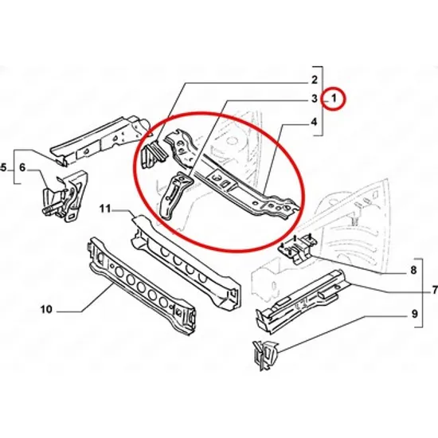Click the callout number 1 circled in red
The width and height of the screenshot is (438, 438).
pos(334,98)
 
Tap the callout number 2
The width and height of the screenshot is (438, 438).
pos(315,80)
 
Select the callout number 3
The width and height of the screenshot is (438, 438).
pos(315,98)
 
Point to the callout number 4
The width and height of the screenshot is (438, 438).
pos(315,122)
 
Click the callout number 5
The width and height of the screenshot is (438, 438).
pos(3,168)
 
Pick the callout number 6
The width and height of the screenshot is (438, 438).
pos(22,167)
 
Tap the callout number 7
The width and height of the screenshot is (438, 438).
pos(434,290)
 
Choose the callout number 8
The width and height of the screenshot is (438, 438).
pos(413,270)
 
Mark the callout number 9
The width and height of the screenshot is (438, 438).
pos(415,314)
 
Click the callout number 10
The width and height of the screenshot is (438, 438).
pos(46,310)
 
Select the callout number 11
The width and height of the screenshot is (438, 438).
pos(105,209)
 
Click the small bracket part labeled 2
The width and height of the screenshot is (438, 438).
pos(153,154)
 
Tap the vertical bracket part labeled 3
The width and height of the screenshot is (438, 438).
pos(175,196)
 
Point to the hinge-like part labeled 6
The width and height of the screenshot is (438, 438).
pos(65,197)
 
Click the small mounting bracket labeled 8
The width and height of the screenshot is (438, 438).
pos(297,247)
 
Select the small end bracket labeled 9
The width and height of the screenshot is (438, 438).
pos(265,354)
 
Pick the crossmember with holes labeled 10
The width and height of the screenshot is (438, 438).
pos(142,287)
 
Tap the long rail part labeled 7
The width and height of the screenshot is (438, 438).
pos(302,301)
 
